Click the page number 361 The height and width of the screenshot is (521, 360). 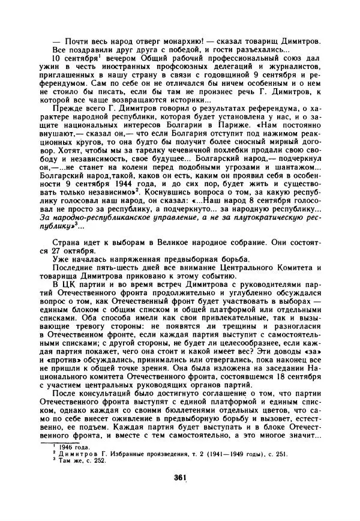pyautogui.click(x=181, y=477)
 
